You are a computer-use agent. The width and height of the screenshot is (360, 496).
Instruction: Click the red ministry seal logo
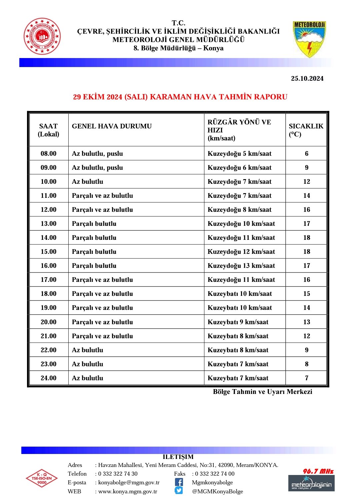click(42, 36)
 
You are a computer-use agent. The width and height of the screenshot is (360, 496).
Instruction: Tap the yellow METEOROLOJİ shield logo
click(309, 39)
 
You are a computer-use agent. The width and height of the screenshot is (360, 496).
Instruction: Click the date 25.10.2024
click(307, 78)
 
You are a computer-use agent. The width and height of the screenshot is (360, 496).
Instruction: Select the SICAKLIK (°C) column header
click(306, 130)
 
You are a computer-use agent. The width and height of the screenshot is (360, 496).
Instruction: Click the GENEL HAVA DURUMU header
click(112, 126)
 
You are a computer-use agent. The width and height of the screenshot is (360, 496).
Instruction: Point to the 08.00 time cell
click(49, 153)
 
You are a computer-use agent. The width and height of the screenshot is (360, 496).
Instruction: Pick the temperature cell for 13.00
click(306, 223)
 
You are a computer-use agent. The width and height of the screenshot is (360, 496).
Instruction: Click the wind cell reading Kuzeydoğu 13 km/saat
click(241, 266)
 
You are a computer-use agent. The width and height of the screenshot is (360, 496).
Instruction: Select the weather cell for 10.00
click(88, 181)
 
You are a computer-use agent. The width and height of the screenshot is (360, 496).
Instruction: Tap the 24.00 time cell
click(49, 378)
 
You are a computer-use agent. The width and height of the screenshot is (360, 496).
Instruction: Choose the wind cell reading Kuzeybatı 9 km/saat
click(238, 322)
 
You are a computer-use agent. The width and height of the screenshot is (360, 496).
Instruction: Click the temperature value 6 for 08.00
click(306, 153)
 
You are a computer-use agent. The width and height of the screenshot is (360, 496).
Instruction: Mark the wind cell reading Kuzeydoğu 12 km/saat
click(241, 252)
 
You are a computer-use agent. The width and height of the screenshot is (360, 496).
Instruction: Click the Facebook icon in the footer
click(179, 482)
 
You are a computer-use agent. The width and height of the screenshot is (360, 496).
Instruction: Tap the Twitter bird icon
click(179, 490)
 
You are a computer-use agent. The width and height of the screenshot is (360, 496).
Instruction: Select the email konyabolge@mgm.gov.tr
click(129, 482)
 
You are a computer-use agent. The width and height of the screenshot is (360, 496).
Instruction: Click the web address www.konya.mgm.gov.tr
click(128, 491)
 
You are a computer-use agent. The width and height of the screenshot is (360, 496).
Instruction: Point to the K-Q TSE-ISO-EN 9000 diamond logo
click(42, 478)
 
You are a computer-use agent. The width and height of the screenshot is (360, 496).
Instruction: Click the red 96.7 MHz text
click(318, 471)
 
